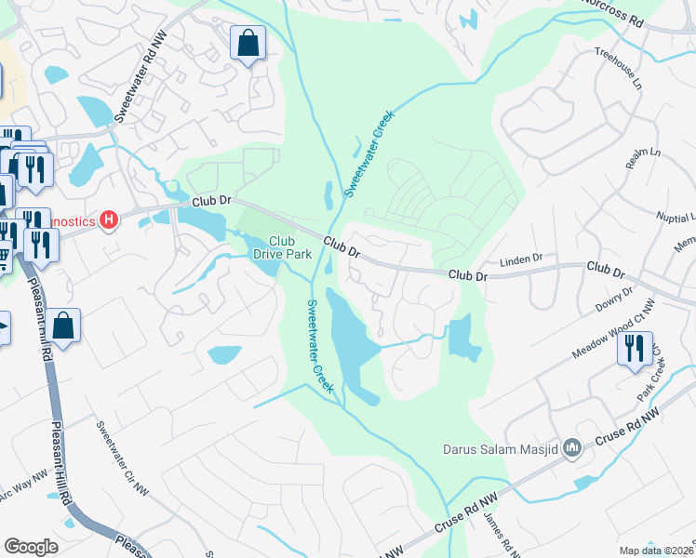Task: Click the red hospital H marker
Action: click(x=110, y=220)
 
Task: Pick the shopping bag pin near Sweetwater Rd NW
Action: click(x=248, y=43)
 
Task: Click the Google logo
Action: click(x=31, y=546)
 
